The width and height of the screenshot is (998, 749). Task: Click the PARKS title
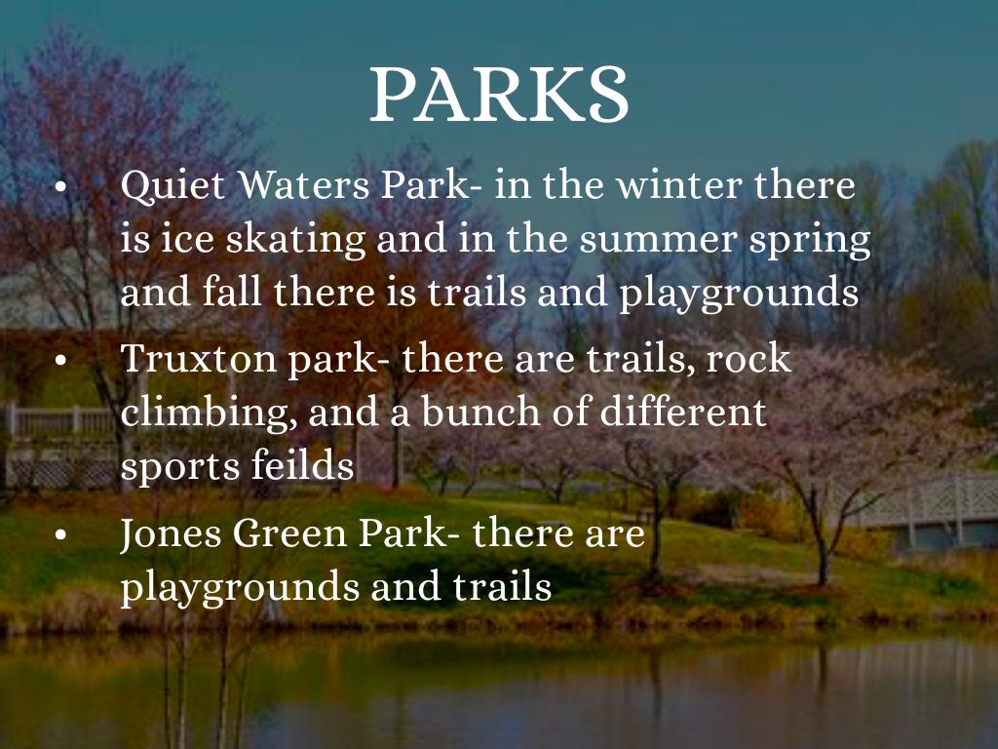tap(499, 94)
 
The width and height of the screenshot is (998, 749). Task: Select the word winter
tap(679, 185)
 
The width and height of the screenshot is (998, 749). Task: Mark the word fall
tap(231, 293)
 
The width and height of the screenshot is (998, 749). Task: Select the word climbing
tap(209, 414)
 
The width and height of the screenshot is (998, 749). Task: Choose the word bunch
tap(480, 412)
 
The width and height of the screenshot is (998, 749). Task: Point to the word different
tap(683, 412)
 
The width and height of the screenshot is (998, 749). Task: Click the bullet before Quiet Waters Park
tap(60, 186)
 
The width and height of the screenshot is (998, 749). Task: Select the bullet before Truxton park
tap(60, 361)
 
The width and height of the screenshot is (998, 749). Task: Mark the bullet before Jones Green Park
tap(60, 535)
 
